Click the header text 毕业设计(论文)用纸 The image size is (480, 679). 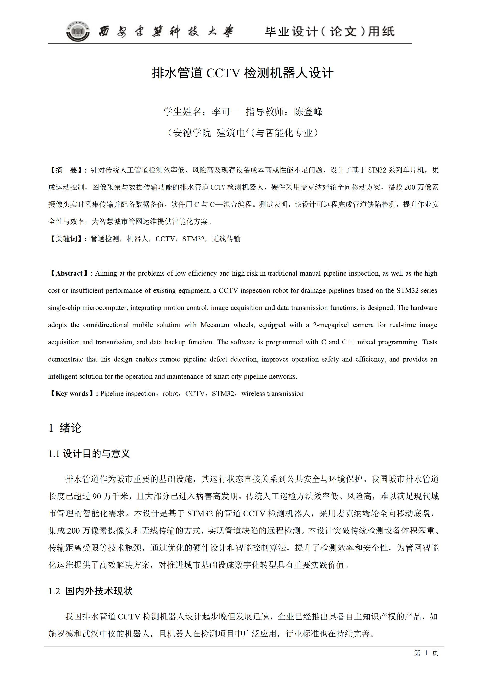(330, 32)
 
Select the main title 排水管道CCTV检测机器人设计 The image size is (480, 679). (242, 73)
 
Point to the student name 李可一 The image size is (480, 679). (226, 112)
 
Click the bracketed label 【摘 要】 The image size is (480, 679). (66, 170)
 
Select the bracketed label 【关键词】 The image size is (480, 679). (66, 239)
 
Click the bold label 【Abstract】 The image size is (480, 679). (69, 273)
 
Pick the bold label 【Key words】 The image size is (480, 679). (72, 394)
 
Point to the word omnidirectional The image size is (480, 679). (106, 325)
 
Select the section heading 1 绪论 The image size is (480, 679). (65, 428)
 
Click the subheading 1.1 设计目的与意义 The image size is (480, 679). (89, 454)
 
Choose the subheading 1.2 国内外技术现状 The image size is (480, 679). (90, 591)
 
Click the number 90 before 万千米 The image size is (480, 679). (97, 496)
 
